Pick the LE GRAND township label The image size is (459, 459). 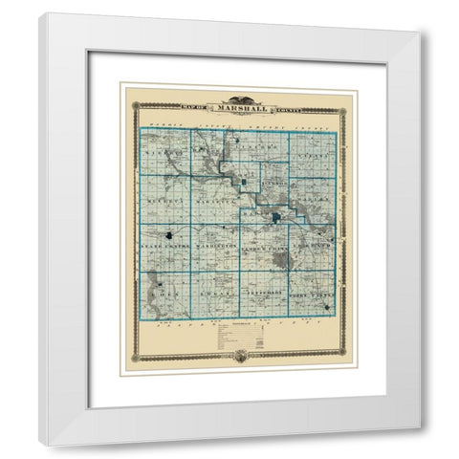[x=316, y=246]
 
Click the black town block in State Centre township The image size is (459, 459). [x=168, y=233]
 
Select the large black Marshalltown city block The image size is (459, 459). [x=276, y=219]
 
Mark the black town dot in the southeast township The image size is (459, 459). [x=327, y=307]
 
